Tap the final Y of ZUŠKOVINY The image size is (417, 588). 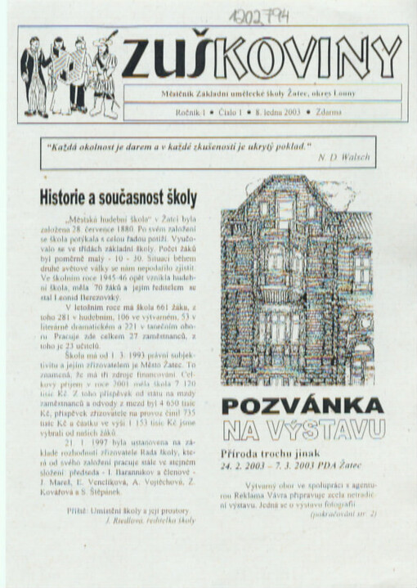click(x=387, y=57)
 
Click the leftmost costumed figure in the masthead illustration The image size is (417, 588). click(x=34, y=74)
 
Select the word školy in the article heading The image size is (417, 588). click(x=177, y=198)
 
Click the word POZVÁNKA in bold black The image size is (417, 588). click(x=303, y=406)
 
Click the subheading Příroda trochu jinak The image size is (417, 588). click(x=271, y=453)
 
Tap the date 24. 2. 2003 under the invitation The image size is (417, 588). click(x=244, y=464)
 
